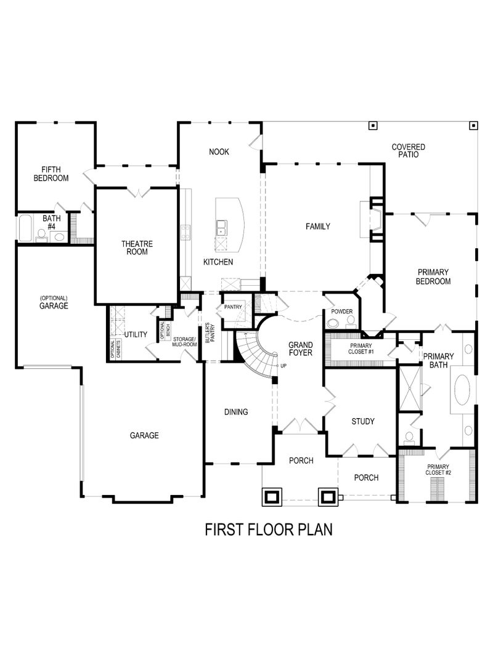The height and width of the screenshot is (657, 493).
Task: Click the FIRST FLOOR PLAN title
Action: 268,530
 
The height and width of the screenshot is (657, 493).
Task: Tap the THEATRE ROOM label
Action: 137,248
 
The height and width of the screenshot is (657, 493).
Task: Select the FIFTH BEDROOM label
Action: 55,173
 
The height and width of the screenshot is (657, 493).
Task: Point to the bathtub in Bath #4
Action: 25,228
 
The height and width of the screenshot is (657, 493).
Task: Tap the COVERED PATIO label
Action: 408,151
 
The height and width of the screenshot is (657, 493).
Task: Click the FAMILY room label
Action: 318,227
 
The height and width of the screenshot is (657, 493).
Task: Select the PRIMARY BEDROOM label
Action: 433,276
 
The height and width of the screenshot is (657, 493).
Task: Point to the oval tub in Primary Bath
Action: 464,390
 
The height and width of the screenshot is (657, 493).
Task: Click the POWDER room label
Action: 341,312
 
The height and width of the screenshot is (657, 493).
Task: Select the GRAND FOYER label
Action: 300,349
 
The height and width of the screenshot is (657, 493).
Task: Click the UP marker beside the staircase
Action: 283,366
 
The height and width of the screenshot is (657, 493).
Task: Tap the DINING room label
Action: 235,411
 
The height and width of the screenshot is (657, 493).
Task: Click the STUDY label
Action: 362,422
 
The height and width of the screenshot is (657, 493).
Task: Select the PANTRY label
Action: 233,307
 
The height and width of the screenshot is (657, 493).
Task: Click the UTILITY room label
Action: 136,334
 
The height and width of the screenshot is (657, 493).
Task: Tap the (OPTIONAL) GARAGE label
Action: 54,302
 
